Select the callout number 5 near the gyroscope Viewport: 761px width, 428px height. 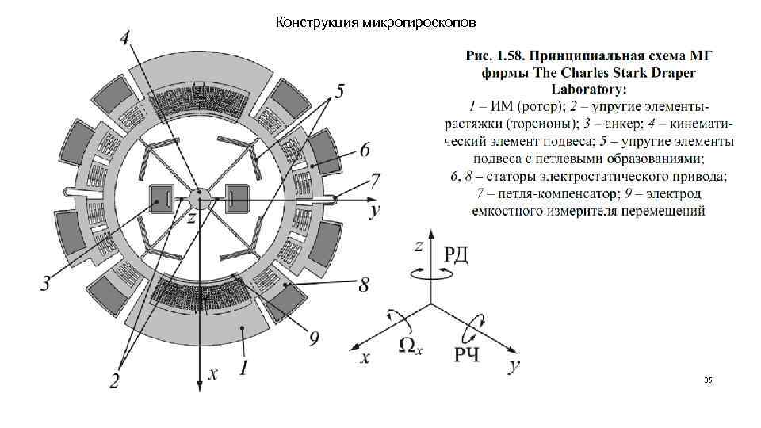pos(338,92)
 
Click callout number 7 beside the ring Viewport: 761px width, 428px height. pos(375,179)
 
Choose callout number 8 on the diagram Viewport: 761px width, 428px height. pos(363,285)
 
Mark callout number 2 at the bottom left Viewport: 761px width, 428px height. pos(115,381)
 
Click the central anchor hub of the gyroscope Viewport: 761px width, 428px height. pos(200,197)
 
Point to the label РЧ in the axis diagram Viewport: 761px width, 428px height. pos(466,354)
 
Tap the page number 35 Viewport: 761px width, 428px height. pos(708,381)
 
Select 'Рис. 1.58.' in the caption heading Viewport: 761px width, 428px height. pos(495,56)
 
